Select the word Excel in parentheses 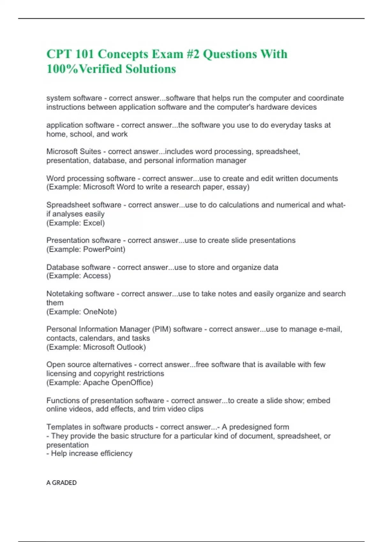(93, 223)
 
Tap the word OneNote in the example (99, 312)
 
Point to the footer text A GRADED (62, 483)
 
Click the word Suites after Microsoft (91, 151)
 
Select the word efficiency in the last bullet (116, 453)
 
